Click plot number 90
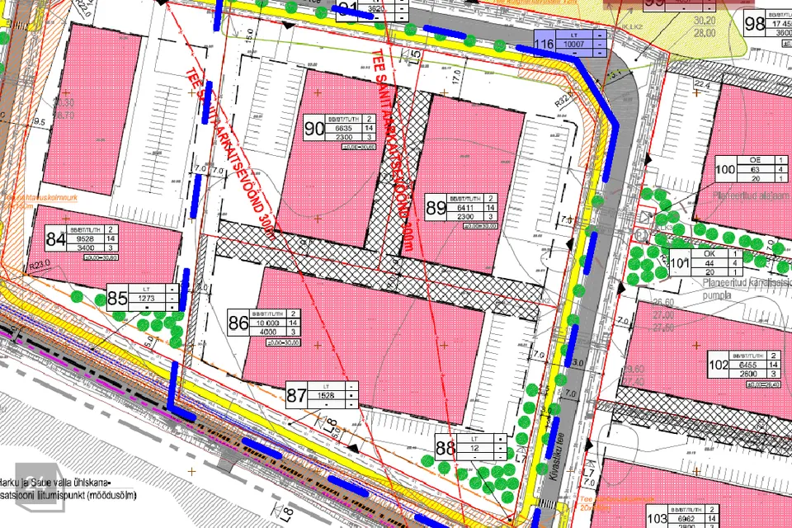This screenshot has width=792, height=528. pyautogui.click(x=314, y=129)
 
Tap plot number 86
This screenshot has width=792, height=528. pyautogui.click(x=238, y=323)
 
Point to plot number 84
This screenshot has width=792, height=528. pyautogui.click(x=56, y=240)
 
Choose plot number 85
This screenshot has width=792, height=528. pyautogui.click(x=117, y=298)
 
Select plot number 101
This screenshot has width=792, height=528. pyautogui.click(x=678, y=264)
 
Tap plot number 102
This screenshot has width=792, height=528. pyautogui.click(x=719, y=364)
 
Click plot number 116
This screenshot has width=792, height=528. pyautogui.click(x=543, y=45)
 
